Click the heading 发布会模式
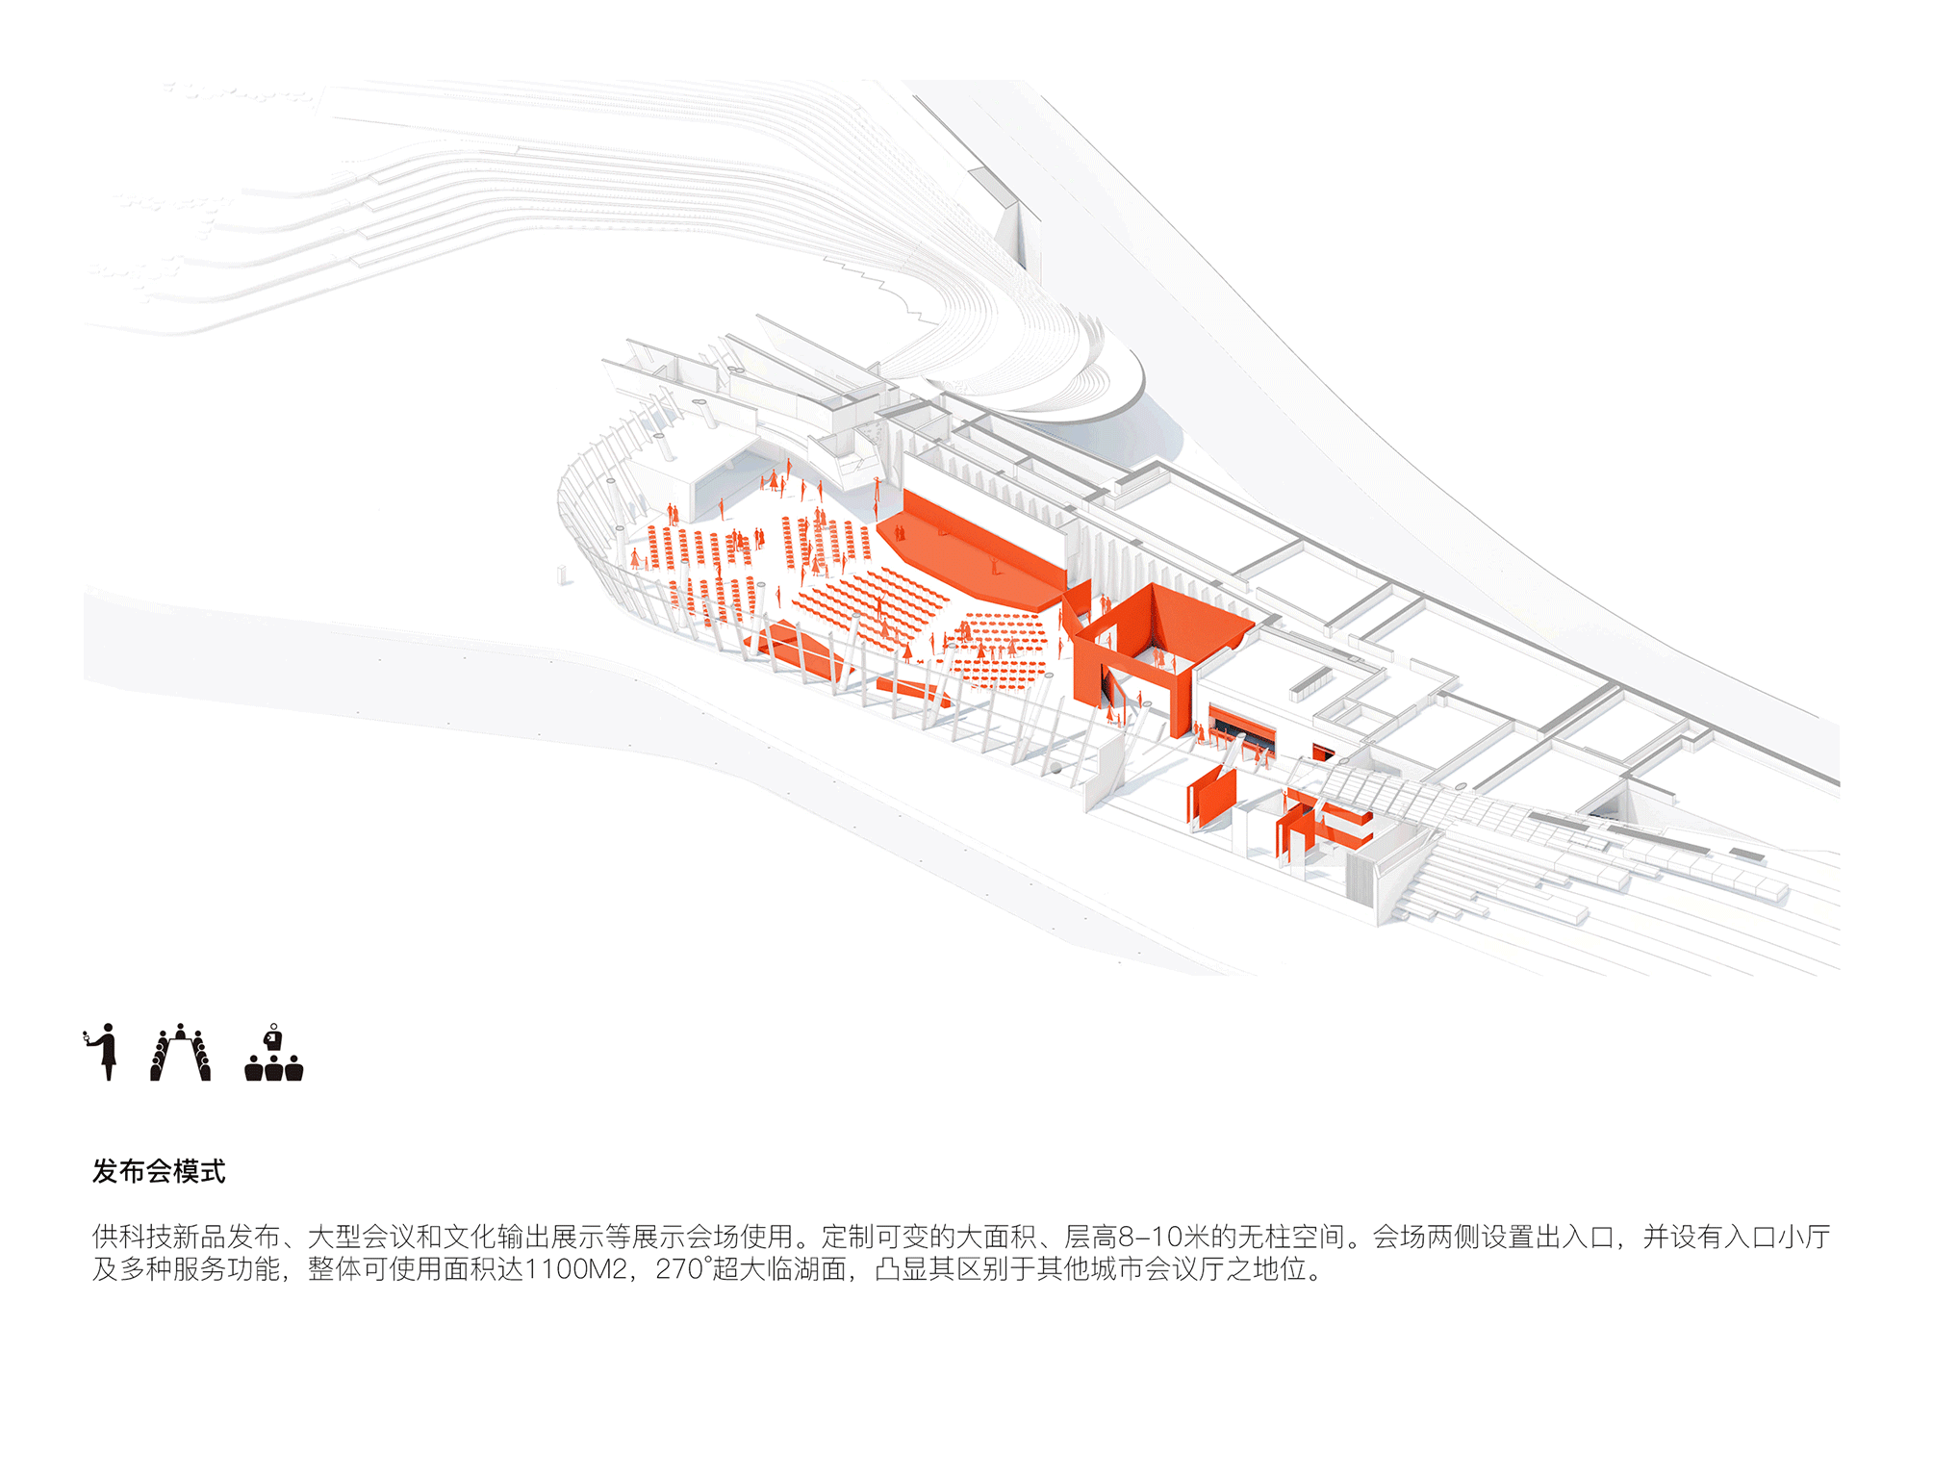159,1171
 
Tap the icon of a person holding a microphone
102,1052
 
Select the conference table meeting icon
180,1053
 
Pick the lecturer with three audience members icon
274,1053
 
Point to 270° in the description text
684,1269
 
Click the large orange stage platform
972,553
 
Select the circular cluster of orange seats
996,650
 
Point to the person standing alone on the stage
996,565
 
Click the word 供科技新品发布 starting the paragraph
186,1237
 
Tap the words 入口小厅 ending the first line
1778,1237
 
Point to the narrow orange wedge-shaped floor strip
914,691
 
